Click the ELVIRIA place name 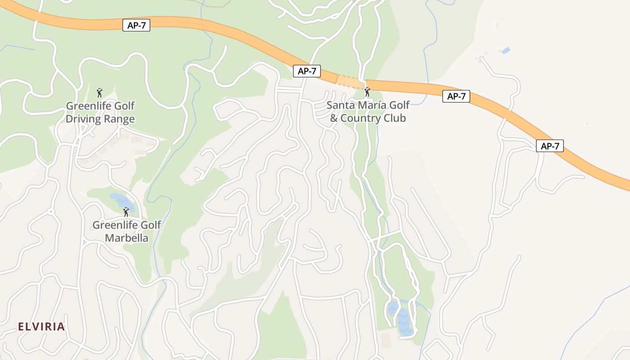(41, 327)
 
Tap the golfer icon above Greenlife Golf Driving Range (99, 93)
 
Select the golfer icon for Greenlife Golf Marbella (126, 211)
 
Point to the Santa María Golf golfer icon (367, 92)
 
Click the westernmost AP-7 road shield (136, 25)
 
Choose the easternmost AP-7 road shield (549, 146)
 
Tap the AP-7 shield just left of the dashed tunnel (306, 71)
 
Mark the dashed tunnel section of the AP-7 (350, 81)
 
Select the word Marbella (126, 238)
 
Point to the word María (369, 105)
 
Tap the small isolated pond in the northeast (505, 50)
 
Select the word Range (119, 119)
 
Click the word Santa (341, 105)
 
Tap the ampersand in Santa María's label (333, 118)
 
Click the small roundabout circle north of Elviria (51, 211)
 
